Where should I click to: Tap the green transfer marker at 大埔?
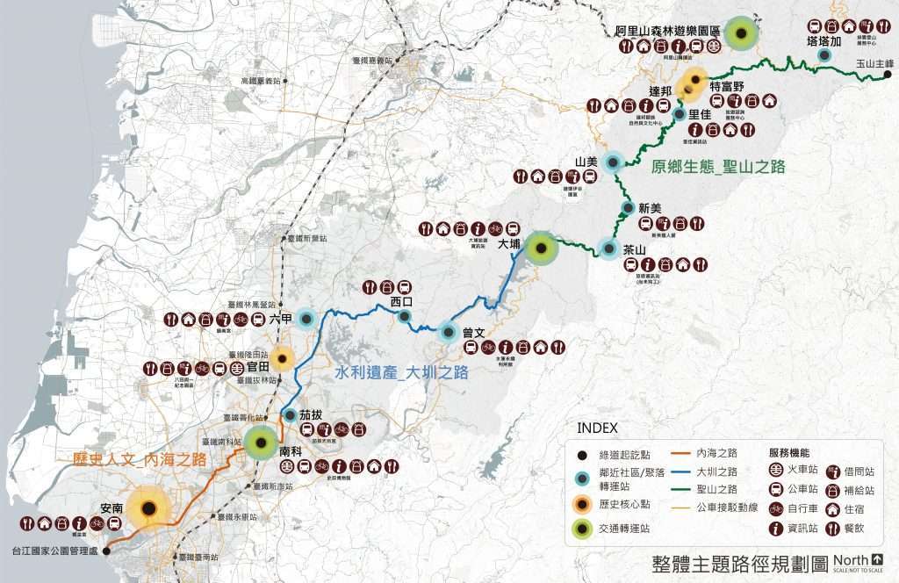click(542, 248)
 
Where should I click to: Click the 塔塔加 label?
click(823, 40)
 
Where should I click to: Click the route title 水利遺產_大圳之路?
click(401, 372)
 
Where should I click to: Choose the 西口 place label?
click(401, 301)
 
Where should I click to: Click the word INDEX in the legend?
click(598, 428)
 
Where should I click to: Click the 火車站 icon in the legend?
click(776, 470)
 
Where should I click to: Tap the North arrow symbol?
click(878, 559)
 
